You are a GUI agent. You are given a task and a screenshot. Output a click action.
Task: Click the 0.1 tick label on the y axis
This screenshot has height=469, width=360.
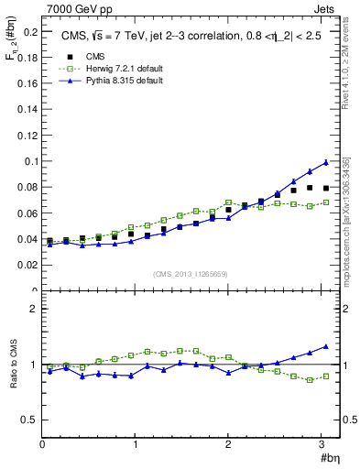click(x=29, y=161)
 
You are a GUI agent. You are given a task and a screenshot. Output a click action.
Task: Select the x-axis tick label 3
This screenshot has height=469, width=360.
click(x=323, y=445)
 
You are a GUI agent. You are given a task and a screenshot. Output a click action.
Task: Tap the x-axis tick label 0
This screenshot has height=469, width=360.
click(x=42, y=445)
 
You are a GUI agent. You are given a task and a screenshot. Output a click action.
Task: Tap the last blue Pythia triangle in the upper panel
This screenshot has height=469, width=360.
click(x=325, y=162)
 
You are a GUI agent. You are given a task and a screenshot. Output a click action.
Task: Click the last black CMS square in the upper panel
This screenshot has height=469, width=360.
click(x=325, y=188)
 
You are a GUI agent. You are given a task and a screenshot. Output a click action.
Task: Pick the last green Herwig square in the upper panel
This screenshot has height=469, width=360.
click(x=325, y=202)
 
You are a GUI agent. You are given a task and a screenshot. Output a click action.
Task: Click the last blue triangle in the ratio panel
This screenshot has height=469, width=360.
click(x=325, y=346)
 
